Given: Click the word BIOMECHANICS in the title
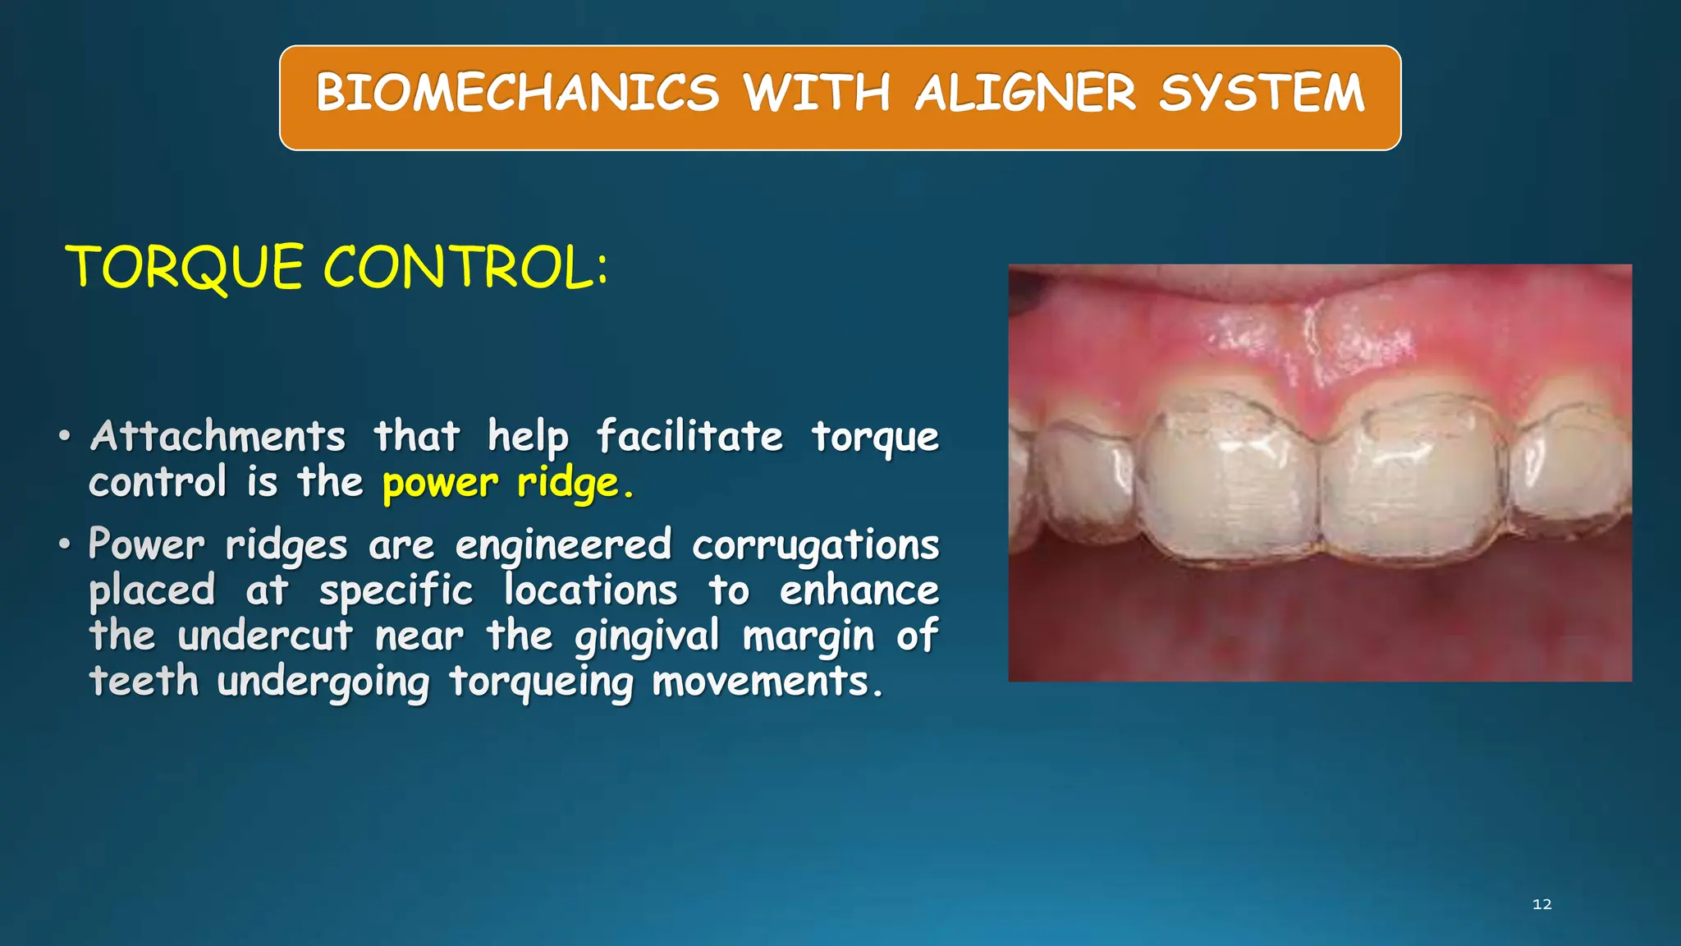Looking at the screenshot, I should coord(518,92).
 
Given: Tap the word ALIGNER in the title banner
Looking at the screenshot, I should coord(1026,92).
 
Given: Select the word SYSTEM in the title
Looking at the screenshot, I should coord(1262,92).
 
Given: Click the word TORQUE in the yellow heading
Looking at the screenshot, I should coord(186,267).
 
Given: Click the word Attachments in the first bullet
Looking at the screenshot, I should coord(218,436).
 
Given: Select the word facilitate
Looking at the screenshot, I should coord(689,436).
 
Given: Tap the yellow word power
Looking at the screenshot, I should coord(441,483).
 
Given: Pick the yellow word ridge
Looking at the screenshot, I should coord(574,483).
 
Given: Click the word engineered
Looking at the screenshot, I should coord(564,545).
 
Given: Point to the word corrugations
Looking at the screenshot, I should coord(815,545).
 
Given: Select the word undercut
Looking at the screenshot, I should coord(265,636).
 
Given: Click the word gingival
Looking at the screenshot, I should coord(647,636).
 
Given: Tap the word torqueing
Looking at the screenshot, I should coord(541,682).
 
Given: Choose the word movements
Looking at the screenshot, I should coord(767,682).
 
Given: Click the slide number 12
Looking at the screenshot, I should coord(1542,904).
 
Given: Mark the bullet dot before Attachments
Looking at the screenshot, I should coord(65,436).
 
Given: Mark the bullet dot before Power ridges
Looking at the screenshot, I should coord(65,545).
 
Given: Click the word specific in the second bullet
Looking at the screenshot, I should coord(396,591).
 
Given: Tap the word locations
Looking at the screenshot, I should coord(591,591).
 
